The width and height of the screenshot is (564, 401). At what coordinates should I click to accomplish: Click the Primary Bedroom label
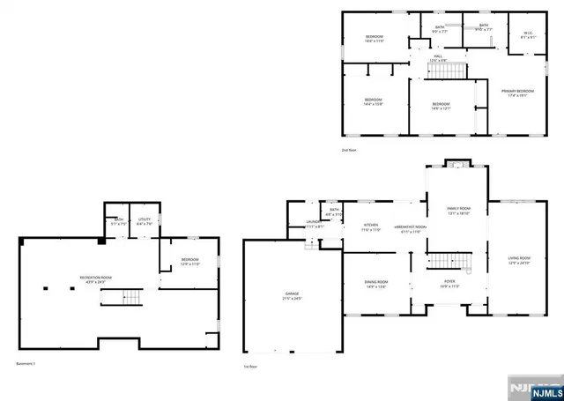(x=517, y=93)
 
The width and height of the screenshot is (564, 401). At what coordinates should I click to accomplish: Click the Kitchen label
(x=371, y=226)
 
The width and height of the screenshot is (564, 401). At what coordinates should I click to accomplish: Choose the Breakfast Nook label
(x=410, y=227)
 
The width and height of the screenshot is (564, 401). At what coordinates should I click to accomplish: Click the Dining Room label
(x=376, y=284)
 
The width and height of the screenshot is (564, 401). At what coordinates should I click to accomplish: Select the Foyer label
(x=450, y=284)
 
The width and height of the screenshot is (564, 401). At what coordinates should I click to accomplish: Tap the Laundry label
(x=315, y=225)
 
